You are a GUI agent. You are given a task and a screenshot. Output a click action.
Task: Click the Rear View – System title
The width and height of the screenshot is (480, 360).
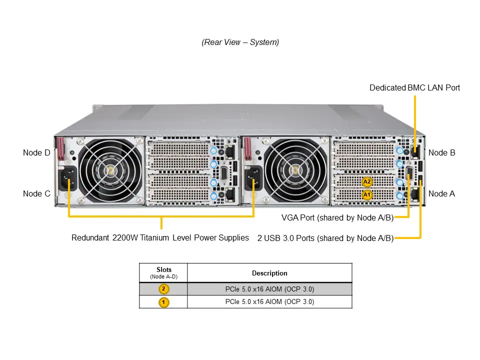point(240,42)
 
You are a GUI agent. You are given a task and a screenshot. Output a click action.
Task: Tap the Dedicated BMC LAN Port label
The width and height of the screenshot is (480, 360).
point(414,87)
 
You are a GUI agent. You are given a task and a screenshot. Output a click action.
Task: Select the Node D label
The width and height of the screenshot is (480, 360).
point(36,152)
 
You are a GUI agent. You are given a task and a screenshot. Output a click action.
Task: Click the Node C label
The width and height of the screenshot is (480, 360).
point(36,193)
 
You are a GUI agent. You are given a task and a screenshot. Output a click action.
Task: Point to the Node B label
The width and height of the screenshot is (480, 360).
point(441,152)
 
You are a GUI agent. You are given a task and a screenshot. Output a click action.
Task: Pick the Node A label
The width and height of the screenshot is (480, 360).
point(441,193)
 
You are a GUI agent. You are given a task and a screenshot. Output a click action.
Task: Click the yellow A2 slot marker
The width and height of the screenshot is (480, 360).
point(367,181)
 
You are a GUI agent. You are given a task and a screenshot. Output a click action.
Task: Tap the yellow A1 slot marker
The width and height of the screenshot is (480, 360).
point(367,194)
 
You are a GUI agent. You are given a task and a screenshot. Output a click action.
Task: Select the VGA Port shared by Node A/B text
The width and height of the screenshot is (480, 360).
point(337,217)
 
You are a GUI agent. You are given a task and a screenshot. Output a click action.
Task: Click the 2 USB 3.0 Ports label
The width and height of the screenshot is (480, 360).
point(325,238)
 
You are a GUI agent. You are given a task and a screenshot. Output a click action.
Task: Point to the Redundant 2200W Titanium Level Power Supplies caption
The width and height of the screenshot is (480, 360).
point(160,237)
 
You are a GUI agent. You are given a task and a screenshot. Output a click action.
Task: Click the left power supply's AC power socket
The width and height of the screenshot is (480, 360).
point(68,179)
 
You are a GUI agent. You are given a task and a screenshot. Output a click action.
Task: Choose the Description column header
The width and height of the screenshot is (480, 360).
point(269,273)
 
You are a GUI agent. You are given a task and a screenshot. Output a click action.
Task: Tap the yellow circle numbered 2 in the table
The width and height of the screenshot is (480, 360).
point(163,289)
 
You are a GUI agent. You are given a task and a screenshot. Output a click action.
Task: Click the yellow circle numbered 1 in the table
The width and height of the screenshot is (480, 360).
point(163,302)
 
